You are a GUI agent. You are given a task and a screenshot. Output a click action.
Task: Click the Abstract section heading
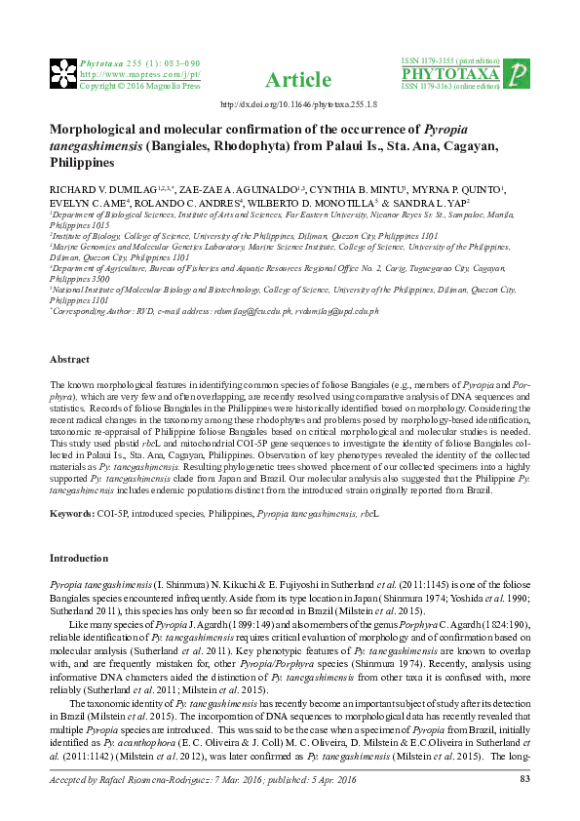tap(70, 332)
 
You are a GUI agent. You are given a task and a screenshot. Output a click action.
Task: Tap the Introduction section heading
tap(79, 559)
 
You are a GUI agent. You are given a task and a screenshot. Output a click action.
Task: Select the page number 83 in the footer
tap(524, 779)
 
